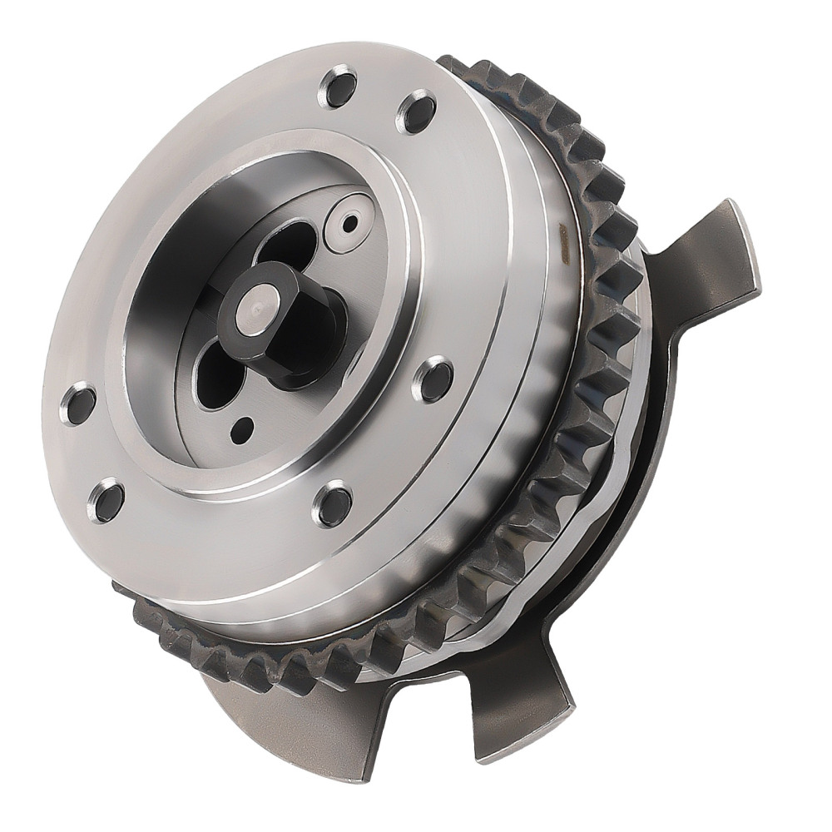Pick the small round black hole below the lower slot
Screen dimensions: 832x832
pos(242,429)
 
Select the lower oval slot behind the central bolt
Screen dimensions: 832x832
pos(219,379)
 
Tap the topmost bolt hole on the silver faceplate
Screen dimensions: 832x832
pos(338,87)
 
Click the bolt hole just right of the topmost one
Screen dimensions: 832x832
pos(417,111)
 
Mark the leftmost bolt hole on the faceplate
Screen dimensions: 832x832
pos(79,404)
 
